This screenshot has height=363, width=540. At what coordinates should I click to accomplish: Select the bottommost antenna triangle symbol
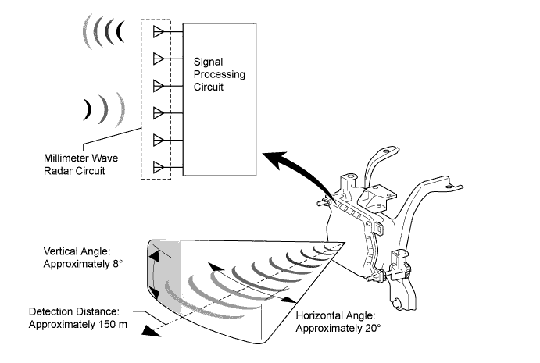(x=159, y=166)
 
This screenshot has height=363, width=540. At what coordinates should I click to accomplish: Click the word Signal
(x=209, y=61)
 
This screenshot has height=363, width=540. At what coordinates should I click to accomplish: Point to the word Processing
(x=220, y=74)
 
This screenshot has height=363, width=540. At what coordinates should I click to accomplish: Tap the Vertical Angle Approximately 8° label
(x=83, y=258)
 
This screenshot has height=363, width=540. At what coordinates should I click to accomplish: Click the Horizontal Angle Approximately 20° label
(x=338, y=322)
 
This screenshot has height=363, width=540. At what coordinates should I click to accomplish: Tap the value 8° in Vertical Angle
(x=117, y=264)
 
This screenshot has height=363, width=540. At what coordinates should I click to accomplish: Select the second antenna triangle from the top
(x=159, y=58)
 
